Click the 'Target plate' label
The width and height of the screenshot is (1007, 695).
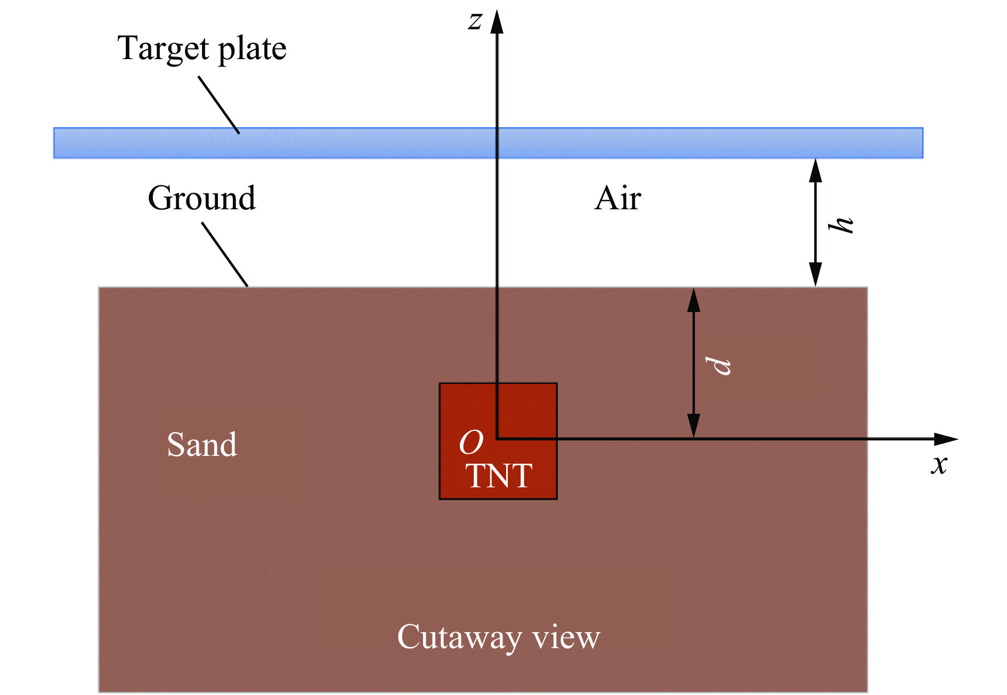[x=202, y=49]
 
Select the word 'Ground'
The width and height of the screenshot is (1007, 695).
[x=202, y=198]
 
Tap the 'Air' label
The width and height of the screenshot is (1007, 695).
[x=618, y=198]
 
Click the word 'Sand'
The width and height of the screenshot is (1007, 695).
[x=202, y=444]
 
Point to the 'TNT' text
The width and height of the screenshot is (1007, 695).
[x=499, y=475]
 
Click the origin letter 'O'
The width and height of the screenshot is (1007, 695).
[x=471, y=442]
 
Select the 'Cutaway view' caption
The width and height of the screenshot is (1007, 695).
[x=499, y=637]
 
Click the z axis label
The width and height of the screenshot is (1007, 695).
[x=475, y=21]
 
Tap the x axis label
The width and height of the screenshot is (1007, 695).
[x=939, y=464]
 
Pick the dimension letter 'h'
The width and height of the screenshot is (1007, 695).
[x=841, y=225]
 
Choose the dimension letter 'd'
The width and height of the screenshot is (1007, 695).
[x=718, y=365]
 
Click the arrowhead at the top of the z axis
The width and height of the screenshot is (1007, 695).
[x=497, y=21]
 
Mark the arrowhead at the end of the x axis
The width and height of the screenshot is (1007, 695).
[x=946, y=439]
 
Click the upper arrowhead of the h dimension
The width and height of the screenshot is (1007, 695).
[x=815, y=170]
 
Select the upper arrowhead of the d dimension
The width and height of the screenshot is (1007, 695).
[x=693, y=300]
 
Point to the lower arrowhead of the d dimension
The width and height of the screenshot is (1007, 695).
[x=693, y=426]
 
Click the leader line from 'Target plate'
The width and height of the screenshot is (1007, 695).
[x=219, y=105]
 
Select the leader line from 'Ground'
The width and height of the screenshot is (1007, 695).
[x=225, y=255]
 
